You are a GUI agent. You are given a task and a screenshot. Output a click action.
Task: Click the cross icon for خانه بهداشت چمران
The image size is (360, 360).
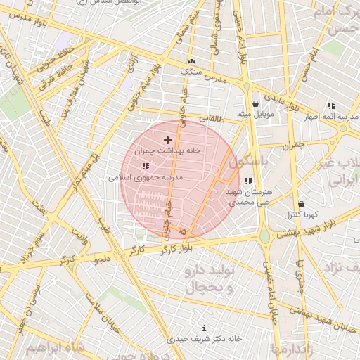point(167,141)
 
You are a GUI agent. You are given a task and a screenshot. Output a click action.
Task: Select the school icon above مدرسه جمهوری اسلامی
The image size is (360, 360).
point(146,167)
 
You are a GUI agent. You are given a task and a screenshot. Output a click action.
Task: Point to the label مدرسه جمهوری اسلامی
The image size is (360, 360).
point(146,177)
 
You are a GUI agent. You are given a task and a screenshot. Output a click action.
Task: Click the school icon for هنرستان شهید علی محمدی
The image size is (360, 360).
point(248,181)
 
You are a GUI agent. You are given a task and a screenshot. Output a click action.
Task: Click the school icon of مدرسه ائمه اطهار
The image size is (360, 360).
point(331,105)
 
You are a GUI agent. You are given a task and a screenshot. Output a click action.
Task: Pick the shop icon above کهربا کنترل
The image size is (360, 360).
point(301,204)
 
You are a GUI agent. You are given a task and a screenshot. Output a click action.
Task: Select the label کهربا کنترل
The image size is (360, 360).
point(301,214)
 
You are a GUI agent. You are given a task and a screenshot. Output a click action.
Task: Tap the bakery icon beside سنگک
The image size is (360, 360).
point(192,62)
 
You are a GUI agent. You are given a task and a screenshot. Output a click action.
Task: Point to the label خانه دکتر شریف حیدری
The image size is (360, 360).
point(205,339)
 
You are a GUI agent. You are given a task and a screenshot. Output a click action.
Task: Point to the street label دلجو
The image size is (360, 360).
point(103,260)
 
